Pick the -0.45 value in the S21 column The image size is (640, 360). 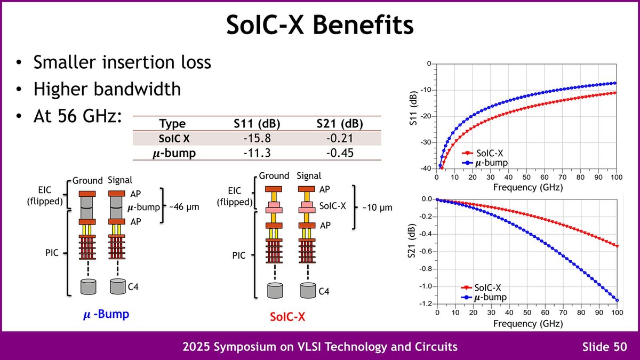[x=340, y=153]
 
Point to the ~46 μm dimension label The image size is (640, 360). [x=185, y=206]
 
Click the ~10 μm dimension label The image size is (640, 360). [x=375, y=206]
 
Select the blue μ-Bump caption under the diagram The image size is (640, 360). [x=107, y=315]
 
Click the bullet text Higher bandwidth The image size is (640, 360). [x=107, y=89]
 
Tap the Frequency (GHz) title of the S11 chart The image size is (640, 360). [x=527, y=187]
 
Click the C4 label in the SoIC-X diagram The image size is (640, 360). [x=324, y=292]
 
